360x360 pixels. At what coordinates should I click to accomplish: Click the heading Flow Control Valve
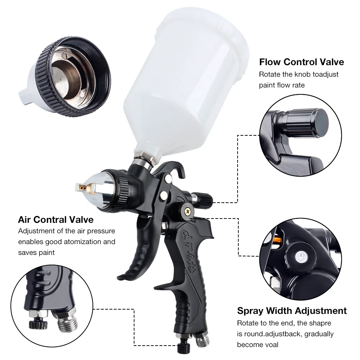(x=301, y=62)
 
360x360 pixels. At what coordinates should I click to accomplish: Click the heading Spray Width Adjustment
(x=292, y=311)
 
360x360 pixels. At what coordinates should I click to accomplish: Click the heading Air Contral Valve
(x=56, y=220)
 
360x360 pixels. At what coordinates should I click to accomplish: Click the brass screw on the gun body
(x=187, y=211)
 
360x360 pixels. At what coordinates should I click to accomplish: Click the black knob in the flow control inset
(x=311, y=121)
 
